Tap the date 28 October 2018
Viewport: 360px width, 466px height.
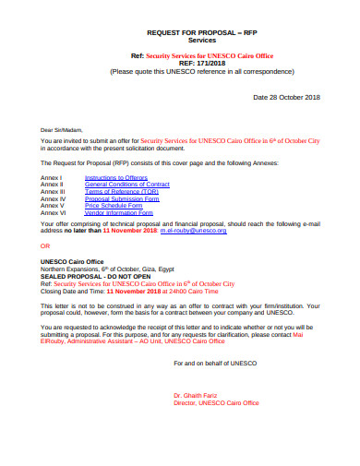tap(289, 96)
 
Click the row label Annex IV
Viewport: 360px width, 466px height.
tap(53, 198)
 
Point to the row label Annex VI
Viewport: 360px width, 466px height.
tap(53, 212)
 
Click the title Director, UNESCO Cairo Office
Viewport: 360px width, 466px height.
tap(217, 403)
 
